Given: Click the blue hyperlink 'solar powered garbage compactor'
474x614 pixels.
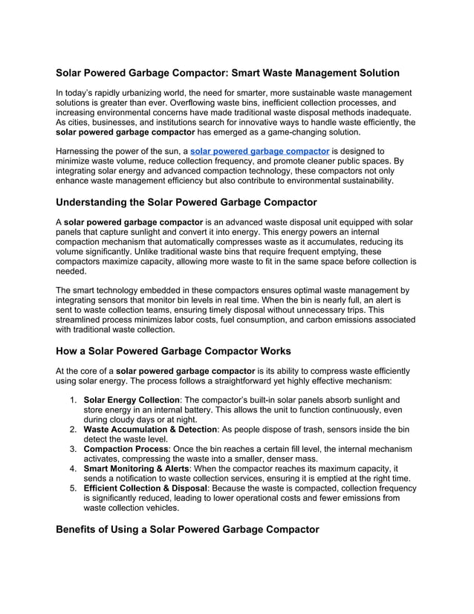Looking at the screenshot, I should [x=259, y=151].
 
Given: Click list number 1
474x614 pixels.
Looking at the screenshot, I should [x=74, y=400].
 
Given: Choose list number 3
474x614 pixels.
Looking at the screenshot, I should [x=74, y=450].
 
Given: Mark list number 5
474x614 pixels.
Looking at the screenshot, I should [x=74, y=489].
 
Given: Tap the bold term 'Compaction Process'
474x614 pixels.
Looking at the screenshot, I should [x=126, y=450].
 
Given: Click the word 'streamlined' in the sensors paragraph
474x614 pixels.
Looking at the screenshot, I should [x=83, y=320].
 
